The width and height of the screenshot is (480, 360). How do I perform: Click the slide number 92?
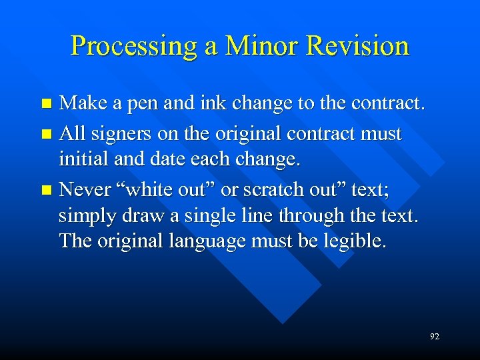(x=435, y=337)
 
